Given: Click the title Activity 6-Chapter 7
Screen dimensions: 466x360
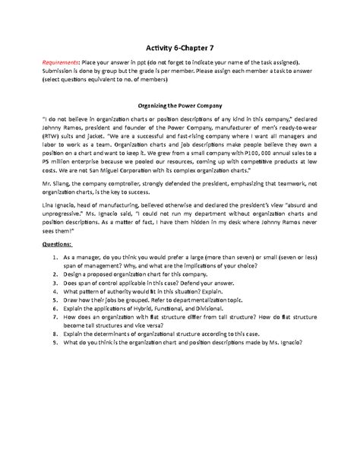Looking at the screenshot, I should [180, 46].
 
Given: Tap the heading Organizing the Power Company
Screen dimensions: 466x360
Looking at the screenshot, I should [180, 107].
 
